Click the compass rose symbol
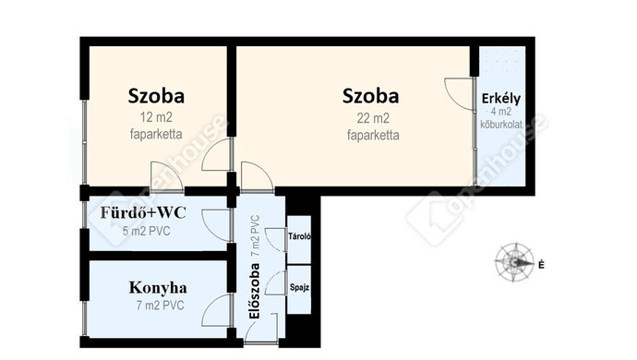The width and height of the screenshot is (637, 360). pyautogui.click(x=514, y=262)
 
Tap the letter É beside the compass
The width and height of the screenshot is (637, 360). pyautogui.click(x=541, y=265)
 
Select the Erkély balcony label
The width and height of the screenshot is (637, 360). pyautogui.click(x=501, y=99)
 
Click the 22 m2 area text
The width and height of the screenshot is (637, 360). pyautogui.click(x=373, y=118)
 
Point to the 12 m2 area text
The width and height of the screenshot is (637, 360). pyautogui.click(x=156, y=117)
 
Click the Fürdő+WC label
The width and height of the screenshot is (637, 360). pyautogui.click(x=143, y=212)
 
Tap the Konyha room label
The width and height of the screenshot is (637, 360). pyautogui.click(x=158, y=288)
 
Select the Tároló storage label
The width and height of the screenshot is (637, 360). pyautogui.click(x=299, y=236)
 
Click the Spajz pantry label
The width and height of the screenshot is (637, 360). pyautogui.click(x=299, y=287)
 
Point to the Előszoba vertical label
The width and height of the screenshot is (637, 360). pyautogui.click(x=254, y=291)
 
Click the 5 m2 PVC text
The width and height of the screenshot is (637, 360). pyautogui.click(x=146, y=231)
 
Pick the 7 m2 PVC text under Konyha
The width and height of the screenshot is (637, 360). pyautogui.click(x=160, y=306)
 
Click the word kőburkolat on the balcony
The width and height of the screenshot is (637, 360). pyautogui.click(x=501, y=125)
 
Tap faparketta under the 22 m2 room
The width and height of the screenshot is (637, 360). pyautogui.click(x=373, y=135)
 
